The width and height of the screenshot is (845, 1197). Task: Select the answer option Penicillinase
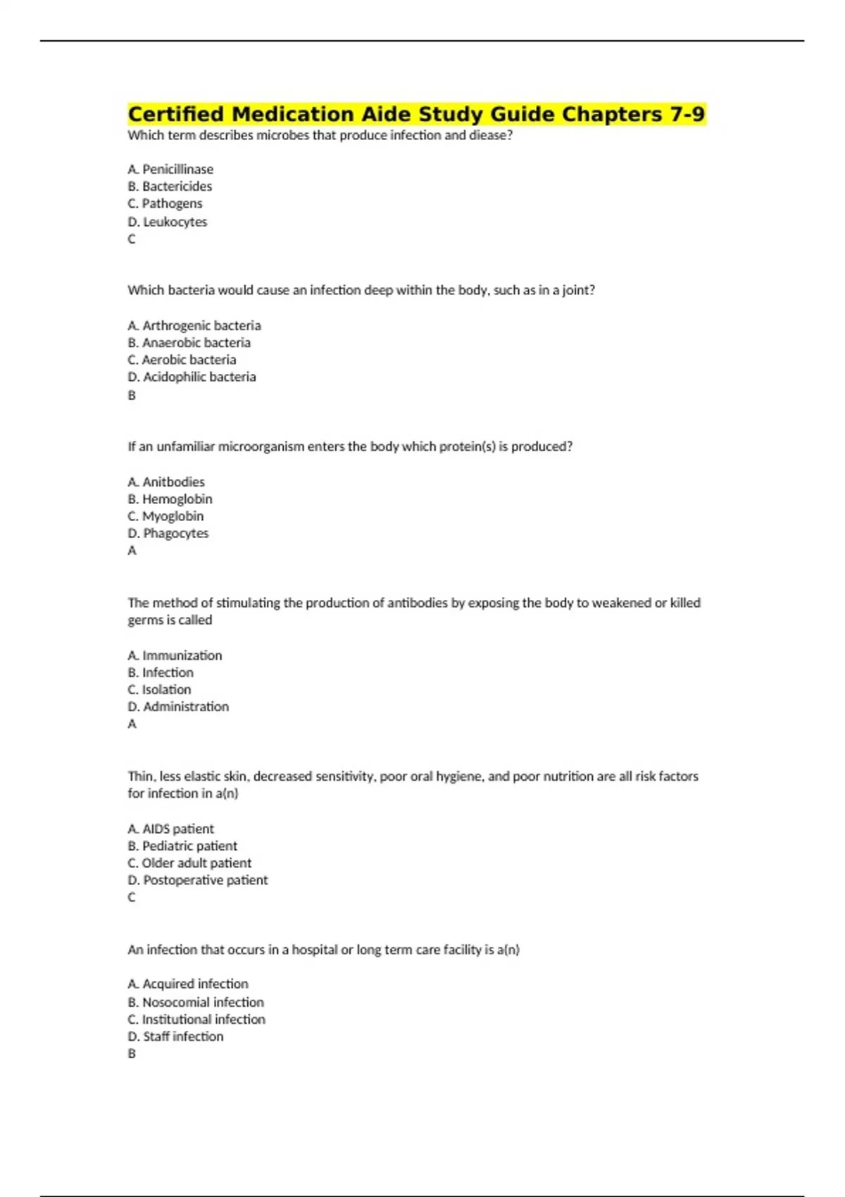pos(170,169)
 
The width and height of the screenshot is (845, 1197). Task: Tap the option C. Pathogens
pos(165,203)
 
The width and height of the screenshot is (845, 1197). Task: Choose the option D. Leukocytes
pos(168,222)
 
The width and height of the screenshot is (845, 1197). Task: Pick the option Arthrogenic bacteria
pos(194,325)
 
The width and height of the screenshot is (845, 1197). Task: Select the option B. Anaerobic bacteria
pos(189,343)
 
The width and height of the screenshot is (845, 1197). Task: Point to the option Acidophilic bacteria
pos(192,377)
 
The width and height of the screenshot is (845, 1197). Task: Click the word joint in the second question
pos(577,290)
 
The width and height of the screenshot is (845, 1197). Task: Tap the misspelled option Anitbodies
pos(166,482)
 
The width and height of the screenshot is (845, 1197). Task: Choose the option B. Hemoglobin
pos(170,499)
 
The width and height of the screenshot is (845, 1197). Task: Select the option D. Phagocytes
pos(168,533)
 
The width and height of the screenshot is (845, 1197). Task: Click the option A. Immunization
pos(175,656)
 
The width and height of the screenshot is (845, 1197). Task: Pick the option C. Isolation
pos(159,689)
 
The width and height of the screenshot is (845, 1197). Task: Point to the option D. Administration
pos(178,706)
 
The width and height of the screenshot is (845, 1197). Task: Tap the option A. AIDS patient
pos(170,829)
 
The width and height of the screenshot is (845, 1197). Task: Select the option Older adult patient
pos(189,863)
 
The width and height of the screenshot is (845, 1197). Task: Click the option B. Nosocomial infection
pos(196,1002)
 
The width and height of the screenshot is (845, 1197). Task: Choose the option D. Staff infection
pos(175,1036)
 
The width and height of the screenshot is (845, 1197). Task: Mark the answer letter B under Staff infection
pos(132,1053)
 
